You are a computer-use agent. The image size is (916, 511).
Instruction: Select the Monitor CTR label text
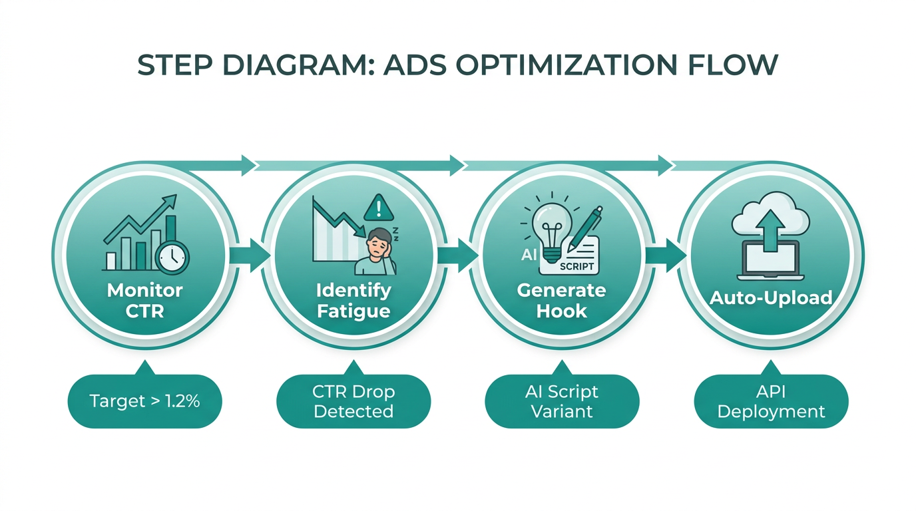144,300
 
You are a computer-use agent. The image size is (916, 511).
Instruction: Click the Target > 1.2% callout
144,401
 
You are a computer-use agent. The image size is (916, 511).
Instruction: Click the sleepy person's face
377,243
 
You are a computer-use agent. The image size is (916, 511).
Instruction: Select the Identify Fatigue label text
353,300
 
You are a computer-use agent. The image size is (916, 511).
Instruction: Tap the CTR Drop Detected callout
353,401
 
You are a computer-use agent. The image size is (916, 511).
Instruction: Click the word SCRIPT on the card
576,266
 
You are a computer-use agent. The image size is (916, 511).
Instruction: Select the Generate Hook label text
562,300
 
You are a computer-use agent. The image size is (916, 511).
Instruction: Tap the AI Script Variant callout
562,401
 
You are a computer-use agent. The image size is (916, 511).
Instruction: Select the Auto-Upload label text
771,297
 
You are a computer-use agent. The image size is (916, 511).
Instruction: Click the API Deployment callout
771,401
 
